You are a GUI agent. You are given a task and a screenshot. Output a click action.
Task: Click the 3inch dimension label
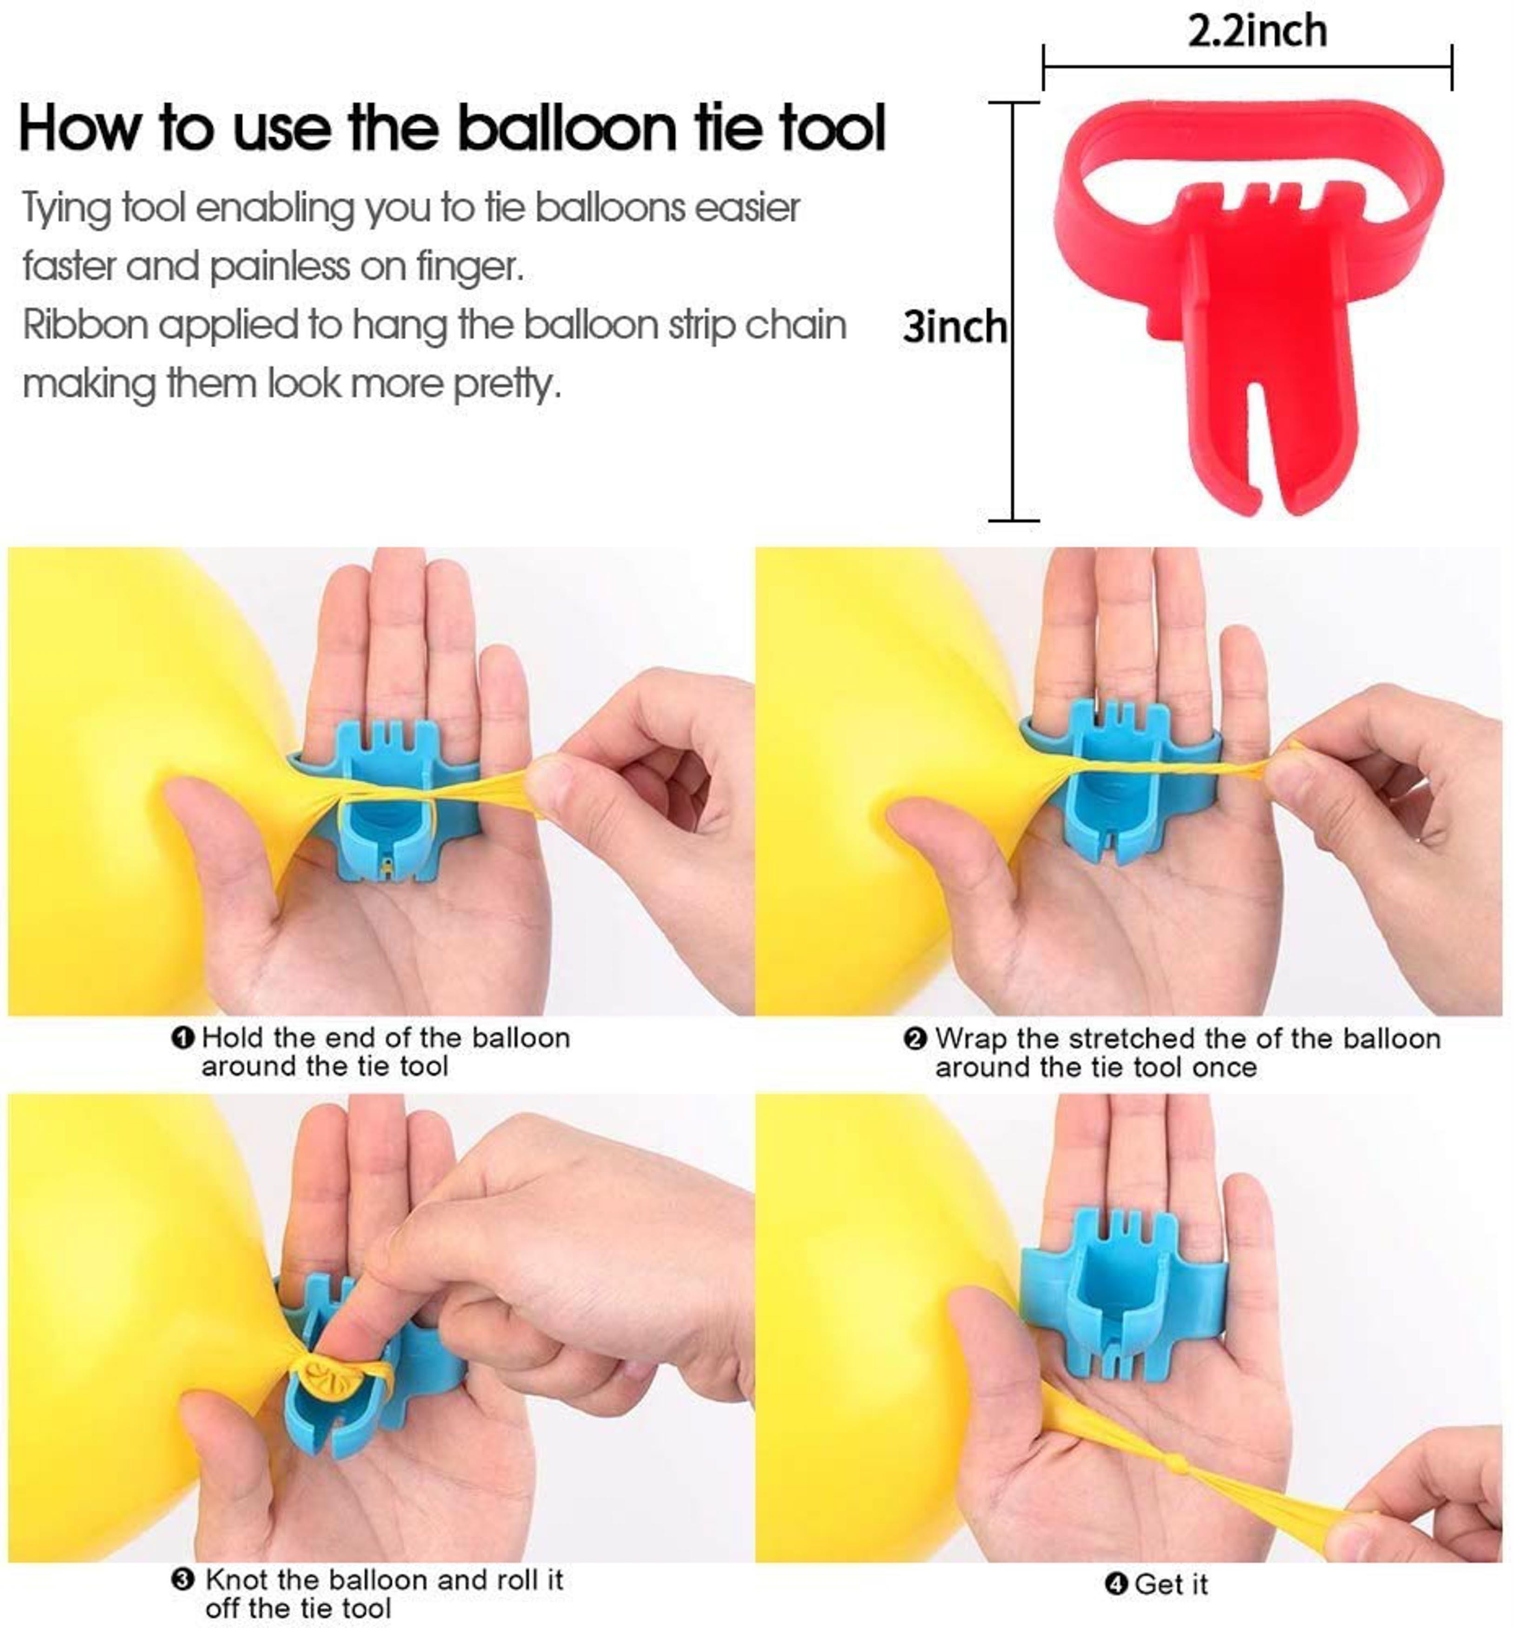coord(954,327)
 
